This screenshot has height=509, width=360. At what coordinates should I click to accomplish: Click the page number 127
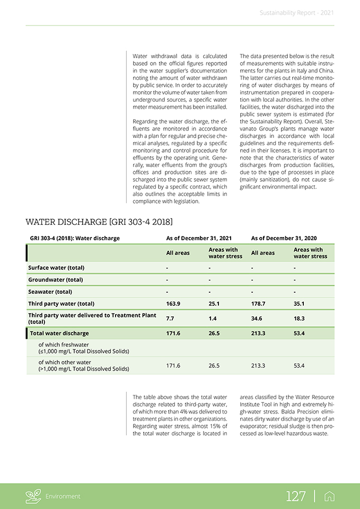[x=296, y=496]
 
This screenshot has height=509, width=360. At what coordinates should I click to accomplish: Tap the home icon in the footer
[x=329, y=496]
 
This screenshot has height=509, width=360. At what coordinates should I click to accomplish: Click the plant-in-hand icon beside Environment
[x=33, y=496]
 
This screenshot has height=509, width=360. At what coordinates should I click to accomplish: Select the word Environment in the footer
[x=63, y=497]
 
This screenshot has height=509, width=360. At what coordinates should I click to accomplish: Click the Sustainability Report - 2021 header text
[x=297, y=13]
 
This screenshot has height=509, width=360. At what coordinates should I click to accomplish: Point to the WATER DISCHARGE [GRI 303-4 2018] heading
[x=99, y=221]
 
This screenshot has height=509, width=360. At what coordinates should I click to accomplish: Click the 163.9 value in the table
[x=173, y=304]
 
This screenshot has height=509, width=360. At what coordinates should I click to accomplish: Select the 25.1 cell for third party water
[x=214, y=304]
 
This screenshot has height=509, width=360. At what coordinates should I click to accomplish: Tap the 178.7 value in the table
[x=258, y=304]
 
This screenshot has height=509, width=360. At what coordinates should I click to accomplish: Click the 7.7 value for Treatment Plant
[x=170, y=318]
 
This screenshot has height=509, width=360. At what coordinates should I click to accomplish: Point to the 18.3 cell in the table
[x=299, y=318]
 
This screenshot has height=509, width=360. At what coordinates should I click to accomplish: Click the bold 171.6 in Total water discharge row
[x=173, y=334]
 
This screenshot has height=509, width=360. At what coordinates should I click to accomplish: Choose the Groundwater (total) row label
[x=56, y=279]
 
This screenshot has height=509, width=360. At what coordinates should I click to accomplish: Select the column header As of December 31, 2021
[x=199, y=238]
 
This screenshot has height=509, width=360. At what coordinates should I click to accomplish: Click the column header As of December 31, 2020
[x=284, y=238]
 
